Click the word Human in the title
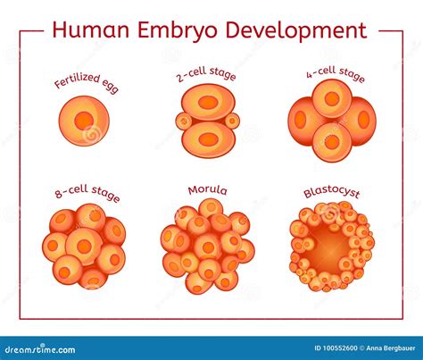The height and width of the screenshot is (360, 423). pos(88,29)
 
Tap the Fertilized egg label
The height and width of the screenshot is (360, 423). pos(86,83)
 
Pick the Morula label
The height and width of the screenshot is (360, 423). pos(207,190)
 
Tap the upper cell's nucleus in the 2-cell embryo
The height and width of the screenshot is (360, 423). pos(208,101)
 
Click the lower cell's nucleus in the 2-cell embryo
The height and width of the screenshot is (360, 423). pos(208,139)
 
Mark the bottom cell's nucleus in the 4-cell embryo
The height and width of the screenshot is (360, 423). pos(332,141)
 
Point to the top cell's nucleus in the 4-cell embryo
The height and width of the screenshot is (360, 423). pos(332,99)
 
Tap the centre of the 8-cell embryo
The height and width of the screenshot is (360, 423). pos(85,247)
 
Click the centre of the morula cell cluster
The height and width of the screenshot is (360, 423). pos(207,247)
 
